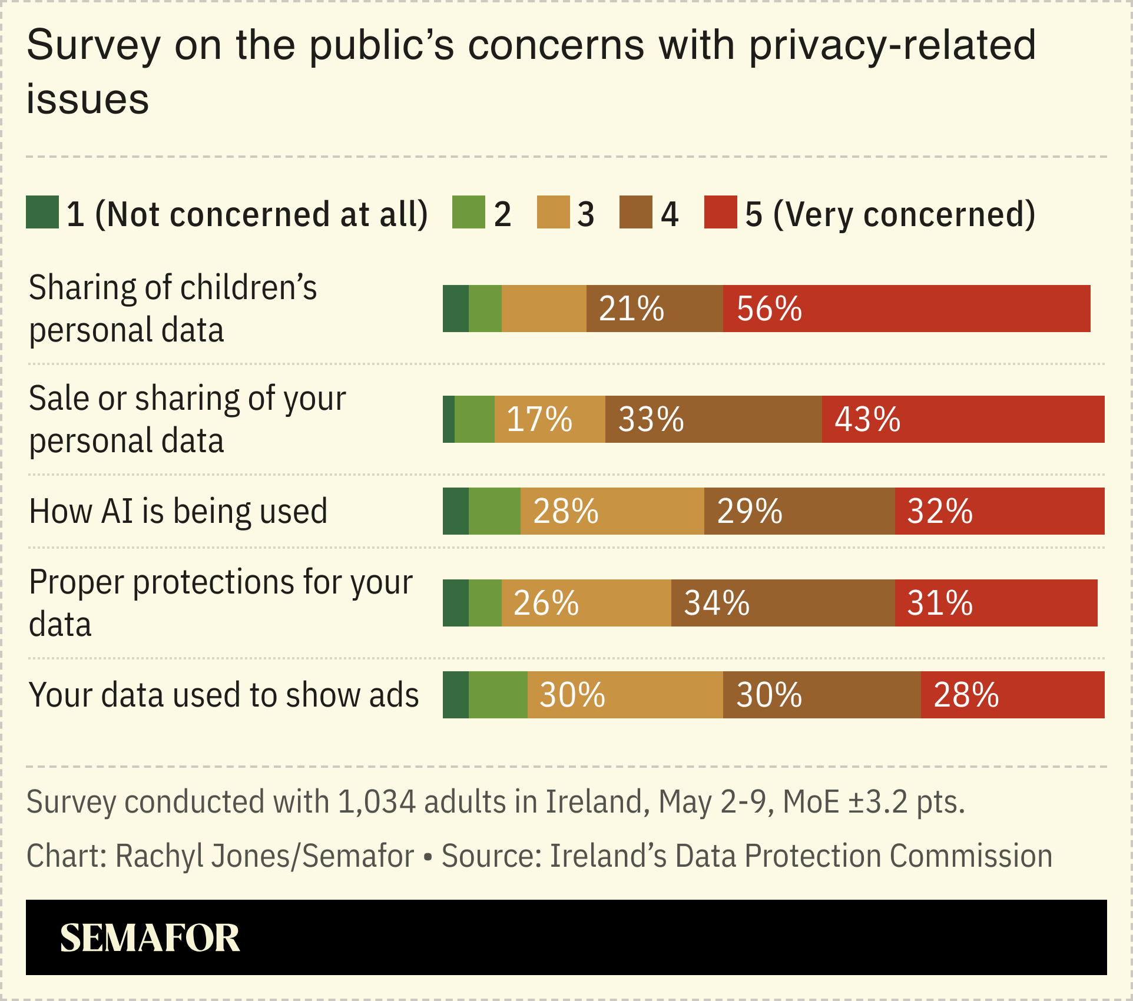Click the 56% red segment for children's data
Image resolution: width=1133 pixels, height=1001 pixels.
pos(906,309)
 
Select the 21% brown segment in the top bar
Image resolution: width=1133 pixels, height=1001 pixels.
pos(654,309)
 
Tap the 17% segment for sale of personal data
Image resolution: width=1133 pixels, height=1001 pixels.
pos(549,419)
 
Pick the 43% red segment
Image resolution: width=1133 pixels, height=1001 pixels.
pos(963,419)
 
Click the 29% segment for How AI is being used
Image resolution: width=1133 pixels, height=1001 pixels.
pos(799,511)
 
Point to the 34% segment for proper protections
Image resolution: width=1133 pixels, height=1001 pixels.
pos(783,603)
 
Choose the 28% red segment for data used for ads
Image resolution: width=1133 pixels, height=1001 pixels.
pos(1012,695)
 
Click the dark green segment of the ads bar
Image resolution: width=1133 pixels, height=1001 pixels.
pos(456,695)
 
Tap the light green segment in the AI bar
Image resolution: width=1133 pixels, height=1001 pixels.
pos(495,511)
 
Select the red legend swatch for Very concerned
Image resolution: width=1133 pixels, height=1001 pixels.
pos(720,212)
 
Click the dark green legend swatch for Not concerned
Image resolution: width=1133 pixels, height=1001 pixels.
pos(42,212)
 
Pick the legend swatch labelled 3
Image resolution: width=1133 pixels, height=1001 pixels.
pos(553,212)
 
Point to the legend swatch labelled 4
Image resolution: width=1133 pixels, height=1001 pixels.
pos(636,212)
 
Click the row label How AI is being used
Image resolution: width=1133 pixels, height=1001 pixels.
pos(178,511)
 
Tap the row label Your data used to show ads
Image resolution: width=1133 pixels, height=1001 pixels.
pos(224,695)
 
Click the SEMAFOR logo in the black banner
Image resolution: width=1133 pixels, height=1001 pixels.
pos(150,938)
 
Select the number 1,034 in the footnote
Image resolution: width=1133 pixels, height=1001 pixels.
pos(376,802)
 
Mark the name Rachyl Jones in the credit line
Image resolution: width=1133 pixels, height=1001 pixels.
pos(203,856)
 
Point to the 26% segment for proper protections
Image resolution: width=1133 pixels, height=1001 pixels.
pos(586,603)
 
